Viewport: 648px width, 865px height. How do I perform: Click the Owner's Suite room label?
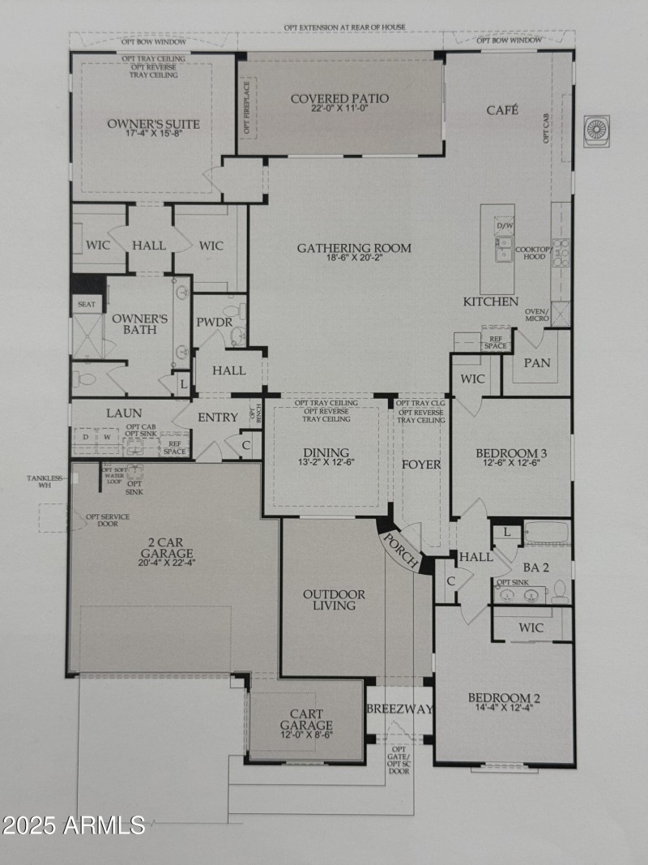click(x=153, y=124)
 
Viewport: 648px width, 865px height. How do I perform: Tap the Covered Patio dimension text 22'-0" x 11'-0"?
click(x=339, y=112)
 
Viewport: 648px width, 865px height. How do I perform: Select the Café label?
click(x=501, y=109)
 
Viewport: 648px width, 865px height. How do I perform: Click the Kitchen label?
click(x=490, y=302)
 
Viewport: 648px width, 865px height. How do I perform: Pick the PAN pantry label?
click(x=536, y=362)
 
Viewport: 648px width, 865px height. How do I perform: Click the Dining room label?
click(x=326, y=452)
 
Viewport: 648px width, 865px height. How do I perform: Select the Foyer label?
click(x=421, y=465)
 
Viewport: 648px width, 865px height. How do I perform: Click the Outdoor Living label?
click(x=334, y=600)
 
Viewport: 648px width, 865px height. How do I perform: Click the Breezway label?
click(x=399, y=709)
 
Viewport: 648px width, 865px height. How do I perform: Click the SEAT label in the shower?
click(x=86, y=305)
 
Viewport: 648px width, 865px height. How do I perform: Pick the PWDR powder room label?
click(x=215, y=322)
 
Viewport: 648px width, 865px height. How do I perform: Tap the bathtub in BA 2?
click(x=547, y=533)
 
